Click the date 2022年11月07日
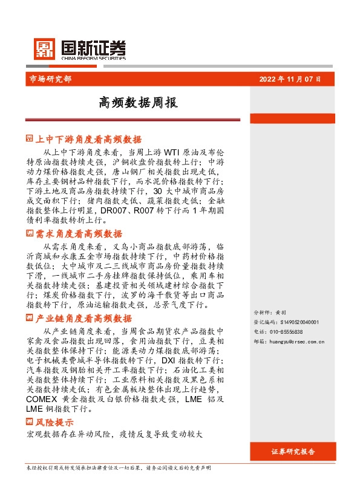(x=289, y=79)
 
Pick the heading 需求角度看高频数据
(x=79, y=234)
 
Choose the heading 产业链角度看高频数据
(x=83, y=319)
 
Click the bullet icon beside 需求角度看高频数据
(x=30, y=234)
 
